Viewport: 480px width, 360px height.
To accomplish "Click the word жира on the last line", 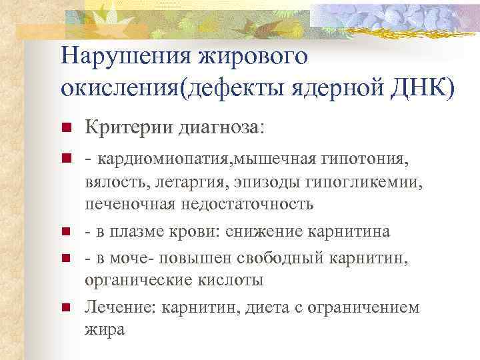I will [x=104, y=329].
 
